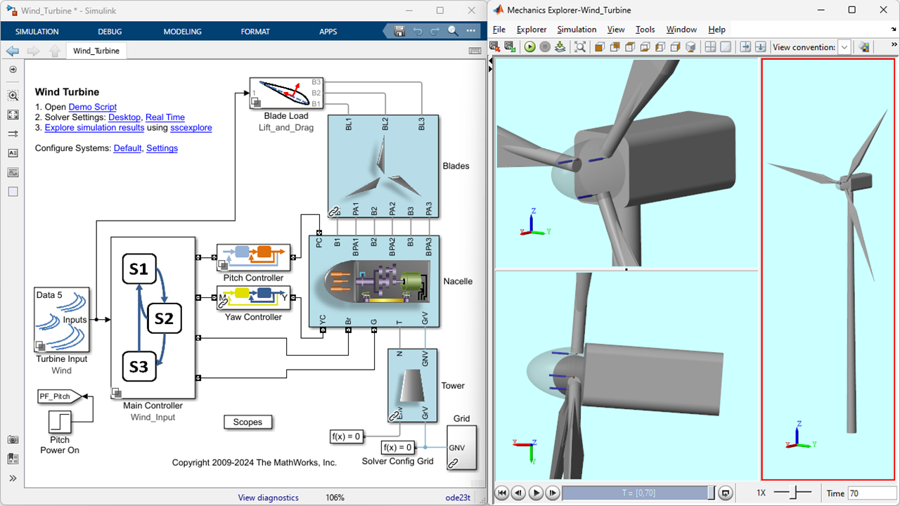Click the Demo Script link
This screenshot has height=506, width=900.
(x=92, y=107)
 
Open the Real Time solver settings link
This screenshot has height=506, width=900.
(x=165, y=117)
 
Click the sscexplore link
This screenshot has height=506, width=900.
(x=191, y=128)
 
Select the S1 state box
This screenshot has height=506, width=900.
(x=139, y=268)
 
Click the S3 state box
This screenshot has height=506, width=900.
(x=139, y=366)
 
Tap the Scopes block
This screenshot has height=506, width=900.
(x=247, y=422)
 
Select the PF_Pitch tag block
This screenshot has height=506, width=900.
(x=59, y=396)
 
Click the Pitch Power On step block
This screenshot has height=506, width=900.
(x=60, y=422)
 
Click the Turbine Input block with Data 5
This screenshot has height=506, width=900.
(x=61, y=320)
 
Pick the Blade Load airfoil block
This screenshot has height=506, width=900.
(x=286, y=93)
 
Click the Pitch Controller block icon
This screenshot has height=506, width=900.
(x=253, y=257)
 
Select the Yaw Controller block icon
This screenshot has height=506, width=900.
(x=253, y=297)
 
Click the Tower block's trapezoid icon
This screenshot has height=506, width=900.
(x=412, y=386)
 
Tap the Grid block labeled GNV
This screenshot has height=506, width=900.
(x=462, y=448)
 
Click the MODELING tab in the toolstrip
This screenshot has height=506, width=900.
(x=182, y=32)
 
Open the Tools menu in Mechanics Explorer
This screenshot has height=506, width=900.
(x=645, y=30)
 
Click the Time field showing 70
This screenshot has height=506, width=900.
(x=869, y=493)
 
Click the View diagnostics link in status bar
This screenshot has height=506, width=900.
(x=268, y=498)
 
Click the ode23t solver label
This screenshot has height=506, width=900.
(x=458, y=498)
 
